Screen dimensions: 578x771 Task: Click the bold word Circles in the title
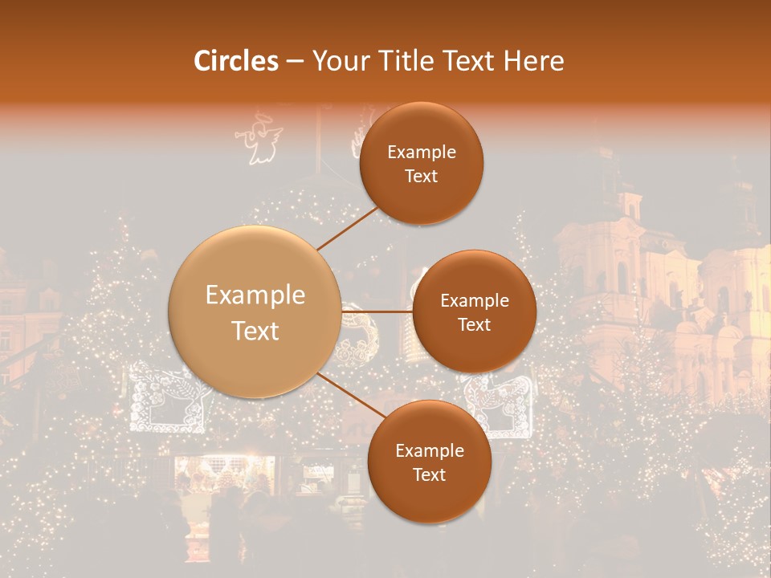236,61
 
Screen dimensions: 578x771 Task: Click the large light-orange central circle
255,311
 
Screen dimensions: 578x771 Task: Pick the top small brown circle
421,163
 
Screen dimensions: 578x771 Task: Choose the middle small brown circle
474,311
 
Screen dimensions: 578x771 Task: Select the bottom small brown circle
429,462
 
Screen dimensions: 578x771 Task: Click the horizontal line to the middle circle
377,311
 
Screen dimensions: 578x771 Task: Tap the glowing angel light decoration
259,140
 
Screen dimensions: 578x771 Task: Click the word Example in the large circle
255,295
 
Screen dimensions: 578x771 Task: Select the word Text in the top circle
421,176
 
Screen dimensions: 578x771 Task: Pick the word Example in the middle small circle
474,300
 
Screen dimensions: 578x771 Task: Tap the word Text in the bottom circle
429,474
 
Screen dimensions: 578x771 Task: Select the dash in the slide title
295,62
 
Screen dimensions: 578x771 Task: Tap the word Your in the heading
337,61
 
